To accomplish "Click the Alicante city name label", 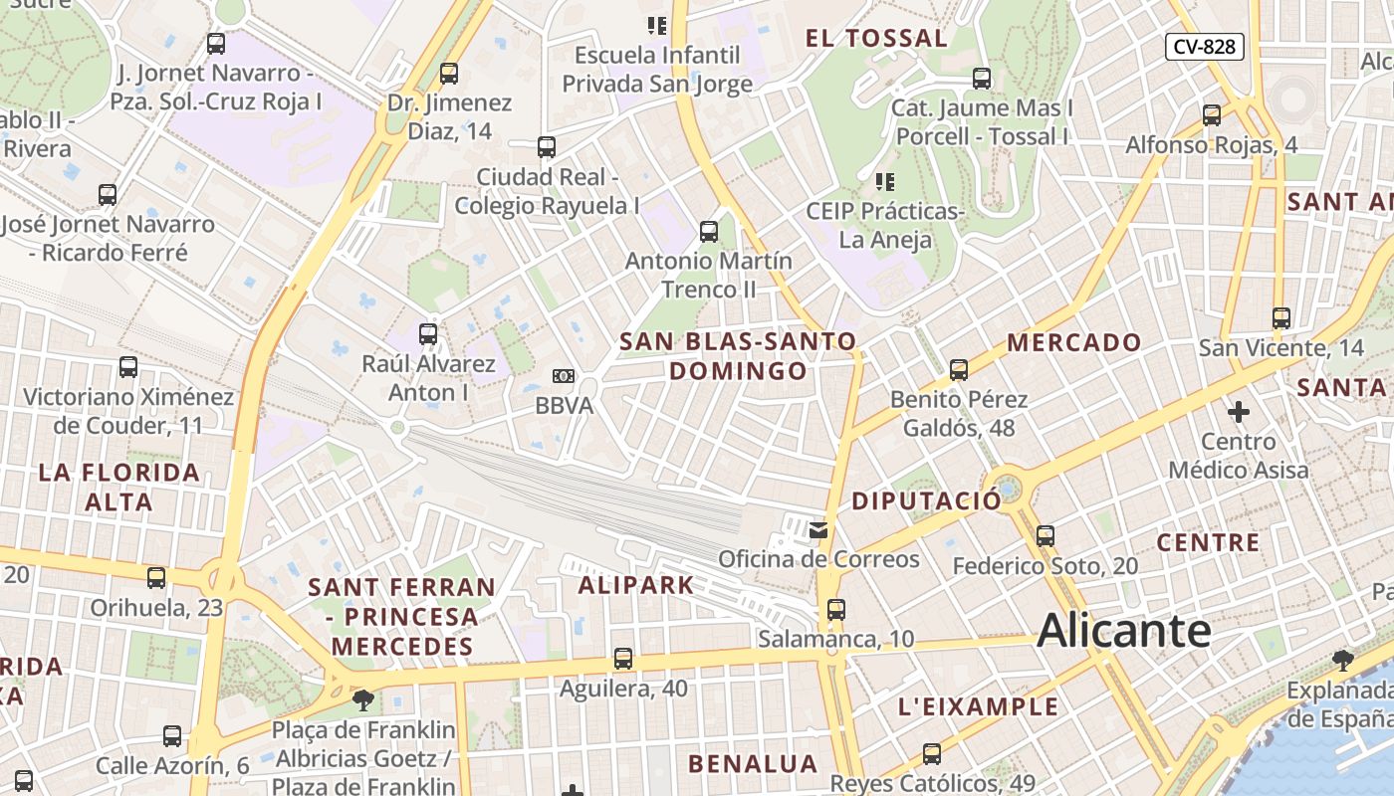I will point(1124,631).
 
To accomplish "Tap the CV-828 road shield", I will point(1204,47).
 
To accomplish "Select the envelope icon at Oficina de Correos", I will point(818,530).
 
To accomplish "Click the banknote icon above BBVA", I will point(564,376).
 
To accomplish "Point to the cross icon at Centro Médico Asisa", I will point(1239,411).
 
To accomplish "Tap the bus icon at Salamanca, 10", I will point(836,609).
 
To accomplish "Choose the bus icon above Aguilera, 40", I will point(623,658).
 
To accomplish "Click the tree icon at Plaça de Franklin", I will point(363,699).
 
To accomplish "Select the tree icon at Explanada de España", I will point(1343,660).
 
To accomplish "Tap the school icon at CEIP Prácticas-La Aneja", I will point(883,182).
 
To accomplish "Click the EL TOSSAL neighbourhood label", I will point(876,39).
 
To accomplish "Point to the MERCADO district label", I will point(1074,343).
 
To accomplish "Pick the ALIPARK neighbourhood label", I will point(636,585).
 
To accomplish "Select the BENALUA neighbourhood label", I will point(753,764).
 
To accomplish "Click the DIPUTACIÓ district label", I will point(926,501).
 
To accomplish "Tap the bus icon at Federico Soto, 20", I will point(1045,535).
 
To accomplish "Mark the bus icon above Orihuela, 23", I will point(156,578).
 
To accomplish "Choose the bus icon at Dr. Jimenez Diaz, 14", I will point(449,73).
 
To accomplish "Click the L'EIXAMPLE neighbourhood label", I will point(978,707).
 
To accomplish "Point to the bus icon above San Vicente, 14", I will point(1281,318).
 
